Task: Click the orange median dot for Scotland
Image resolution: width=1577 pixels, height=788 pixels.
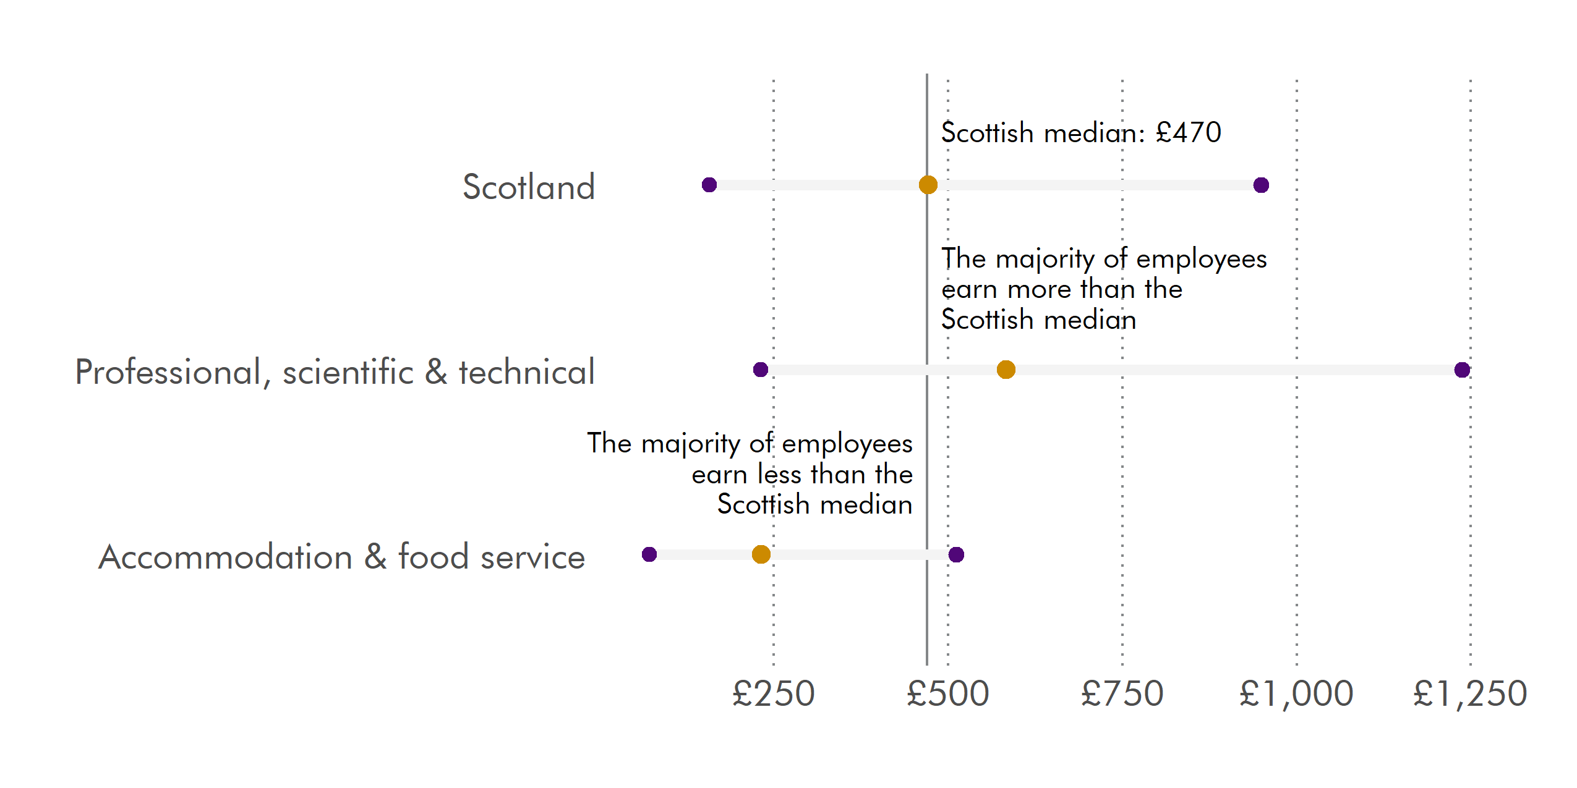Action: (x=928, y=185)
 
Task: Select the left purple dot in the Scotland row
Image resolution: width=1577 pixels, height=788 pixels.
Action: (x=709, y=185)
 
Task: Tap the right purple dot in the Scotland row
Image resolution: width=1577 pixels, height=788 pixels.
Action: (x=1261, y=185)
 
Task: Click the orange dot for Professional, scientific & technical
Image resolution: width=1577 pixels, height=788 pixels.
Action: (x=1006, y=370)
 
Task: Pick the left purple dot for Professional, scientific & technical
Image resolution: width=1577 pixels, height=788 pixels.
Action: (x=761, y=370)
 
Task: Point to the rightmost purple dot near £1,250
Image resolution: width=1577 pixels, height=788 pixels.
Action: (x=1462, y=370)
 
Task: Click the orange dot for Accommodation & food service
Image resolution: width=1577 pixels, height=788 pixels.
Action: (x=761, y=554)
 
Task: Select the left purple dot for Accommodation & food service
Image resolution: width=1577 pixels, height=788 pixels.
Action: (x=649, y=554)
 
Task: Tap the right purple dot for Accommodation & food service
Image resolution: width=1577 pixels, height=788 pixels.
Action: (x=956, y=554)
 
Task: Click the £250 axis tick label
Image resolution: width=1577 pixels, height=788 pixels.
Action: (x=773, y=693)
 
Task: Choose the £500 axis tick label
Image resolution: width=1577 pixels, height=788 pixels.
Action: (x=947, y=693)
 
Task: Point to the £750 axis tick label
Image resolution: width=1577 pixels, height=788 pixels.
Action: (x=1122, y=693)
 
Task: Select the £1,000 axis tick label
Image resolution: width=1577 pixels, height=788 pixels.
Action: (x=1296, y=693)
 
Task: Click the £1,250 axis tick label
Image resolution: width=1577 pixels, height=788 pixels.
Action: (x=1470, y=693)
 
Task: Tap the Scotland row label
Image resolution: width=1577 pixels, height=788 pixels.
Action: (x=529, y=187)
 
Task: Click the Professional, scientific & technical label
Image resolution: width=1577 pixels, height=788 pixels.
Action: (x=335, y=372)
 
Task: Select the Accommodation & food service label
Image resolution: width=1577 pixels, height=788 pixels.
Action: (x=341, y=557)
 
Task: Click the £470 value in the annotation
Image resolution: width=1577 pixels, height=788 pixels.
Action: (x=1188, y=132)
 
